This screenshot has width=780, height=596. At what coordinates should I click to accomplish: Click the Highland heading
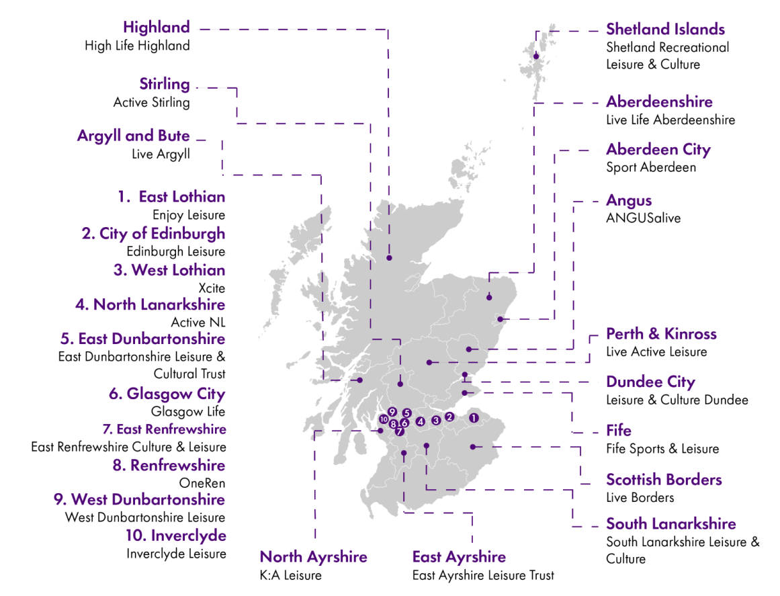click(156, 28)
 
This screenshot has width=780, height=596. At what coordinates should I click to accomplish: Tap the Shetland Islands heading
click(665, 30)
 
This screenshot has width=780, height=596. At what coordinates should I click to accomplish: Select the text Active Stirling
click(151, 103)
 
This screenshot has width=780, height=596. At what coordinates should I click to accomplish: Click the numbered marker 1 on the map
click(474, 418)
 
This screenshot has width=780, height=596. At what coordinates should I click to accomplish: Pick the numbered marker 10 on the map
click(384, 419)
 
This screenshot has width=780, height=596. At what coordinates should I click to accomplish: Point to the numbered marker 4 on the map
click(420, 422)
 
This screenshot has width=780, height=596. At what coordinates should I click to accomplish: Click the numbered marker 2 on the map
click(449, 417)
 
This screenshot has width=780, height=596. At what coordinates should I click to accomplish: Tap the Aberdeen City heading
click(658, 149)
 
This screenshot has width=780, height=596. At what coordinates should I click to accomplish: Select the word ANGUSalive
click(643, 218)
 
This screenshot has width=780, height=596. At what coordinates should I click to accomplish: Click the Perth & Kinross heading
click(661, 334)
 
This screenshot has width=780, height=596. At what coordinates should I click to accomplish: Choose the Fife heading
click(619, 431)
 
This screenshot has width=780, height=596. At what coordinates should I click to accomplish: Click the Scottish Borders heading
click(664, 480)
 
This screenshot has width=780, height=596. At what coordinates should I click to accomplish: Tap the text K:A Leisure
click(291, 575)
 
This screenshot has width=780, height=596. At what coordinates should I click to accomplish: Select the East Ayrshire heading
click(459, 557)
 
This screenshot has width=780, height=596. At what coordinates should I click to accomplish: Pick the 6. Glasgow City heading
click(167, 394)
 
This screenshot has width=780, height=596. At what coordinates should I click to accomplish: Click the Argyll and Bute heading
click(133, 136)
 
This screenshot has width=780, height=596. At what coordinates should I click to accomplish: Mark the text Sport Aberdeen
click(651, 167)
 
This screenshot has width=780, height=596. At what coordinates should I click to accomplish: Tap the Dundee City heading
click(650, 382)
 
